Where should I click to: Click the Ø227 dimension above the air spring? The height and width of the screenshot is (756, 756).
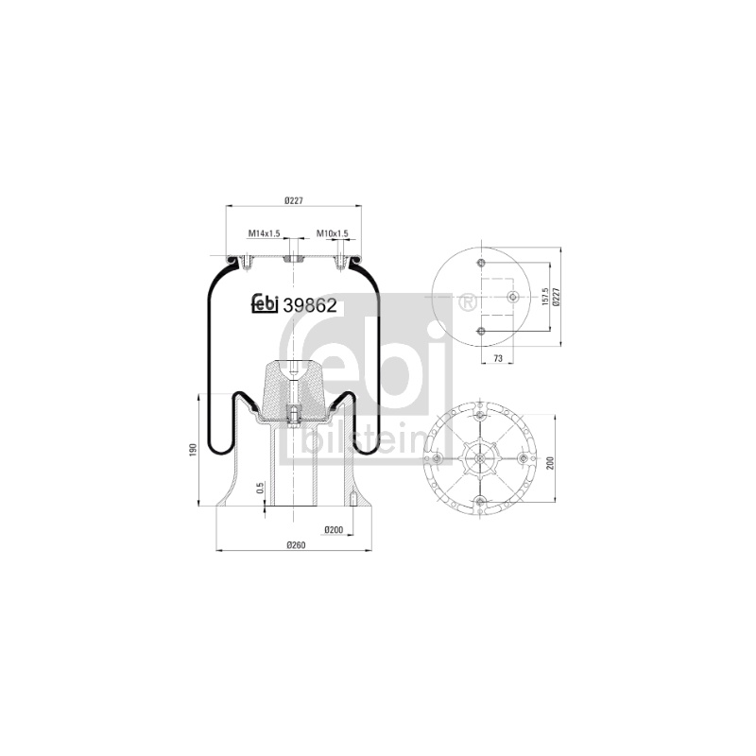click(294, 200)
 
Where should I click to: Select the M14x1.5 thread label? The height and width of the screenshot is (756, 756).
click(265, 233)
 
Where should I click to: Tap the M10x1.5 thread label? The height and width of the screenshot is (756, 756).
click(333, 233)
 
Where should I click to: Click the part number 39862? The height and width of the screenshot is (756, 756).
click(310, 305)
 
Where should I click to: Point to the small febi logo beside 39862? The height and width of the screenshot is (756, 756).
click(265, 303)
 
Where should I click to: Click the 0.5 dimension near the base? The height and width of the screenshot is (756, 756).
click(261, 488)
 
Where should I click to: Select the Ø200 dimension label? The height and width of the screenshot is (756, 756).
click(334, 530)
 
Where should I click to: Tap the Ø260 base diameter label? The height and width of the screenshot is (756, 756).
click(297, 545)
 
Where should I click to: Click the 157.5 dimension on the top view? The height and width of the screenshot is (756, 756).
click(545, 297)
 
